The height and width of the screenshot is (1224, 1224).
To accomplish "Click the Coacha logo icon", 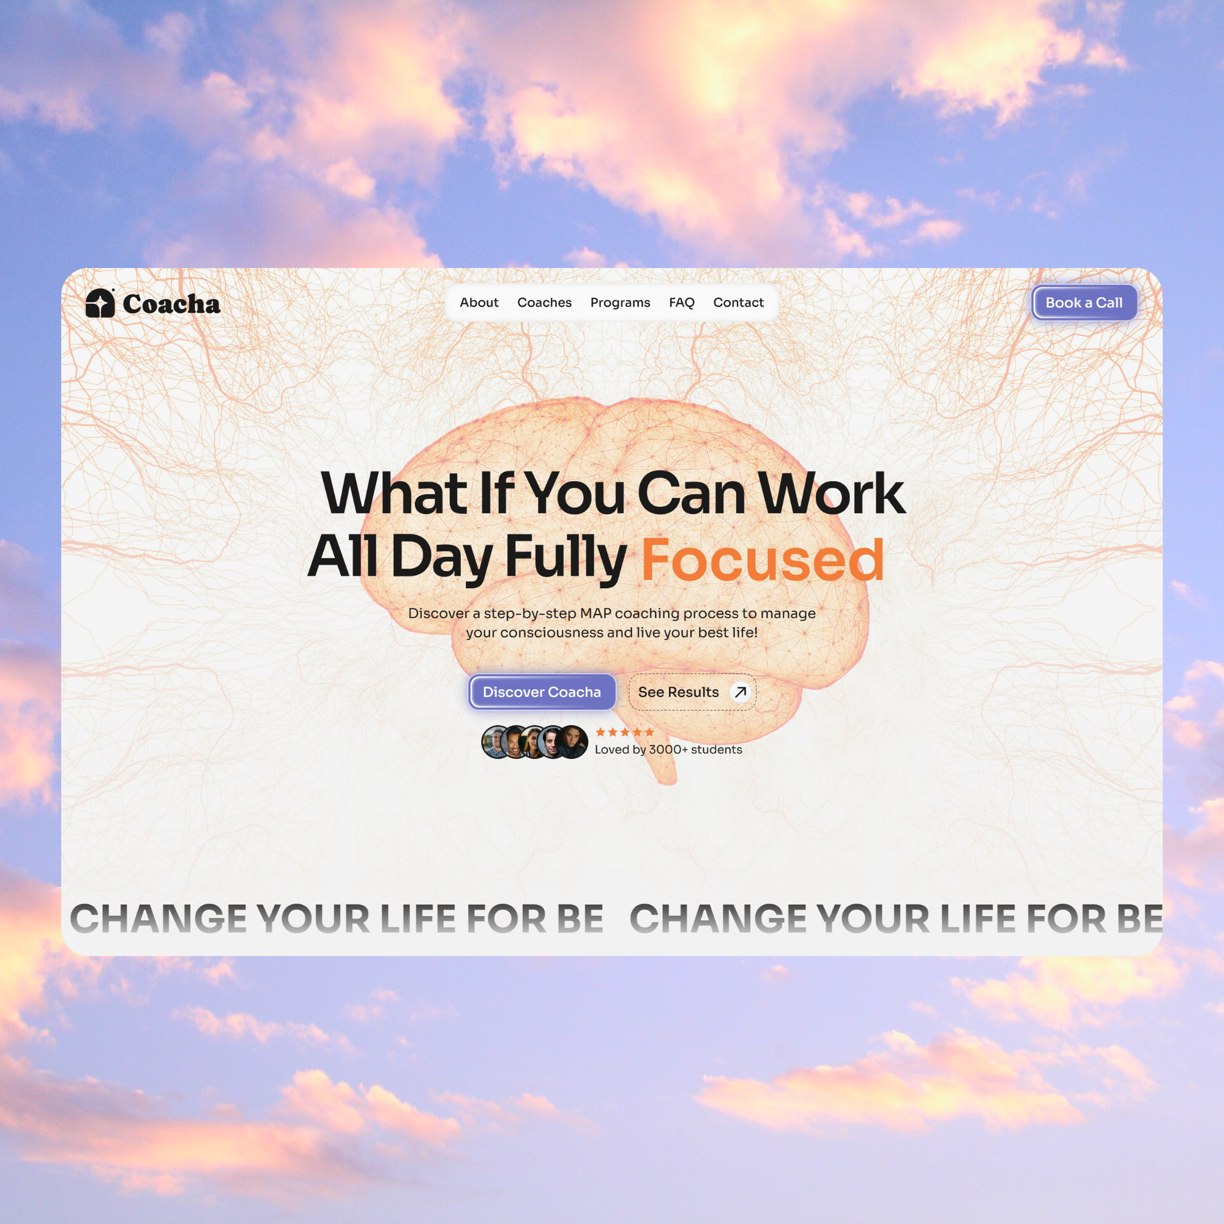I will (x=100, y=303).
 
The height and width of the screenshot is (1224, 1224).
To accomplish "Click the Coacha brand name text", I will (x=171, y=304).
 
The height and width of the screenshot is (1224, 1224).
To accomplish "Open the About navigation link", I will (x=479, y=303).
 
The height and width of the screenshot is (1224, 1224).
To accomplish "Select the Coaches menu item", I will (x=544, y=303).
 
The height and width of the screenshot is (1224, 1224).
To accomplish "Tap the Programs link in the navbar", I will (x=620, y=303).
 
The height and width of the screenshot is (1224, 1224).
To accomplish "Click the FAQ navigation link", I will (x=682, y=303).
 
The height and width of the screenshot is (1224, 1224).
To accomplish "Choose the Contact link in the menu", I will (x=738, y=303).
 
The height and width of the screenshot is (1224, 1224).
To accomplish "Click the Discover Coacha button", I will (x=542, y=692).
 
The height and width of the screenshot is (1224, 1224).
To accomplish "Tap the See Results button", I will (x=679, y=692).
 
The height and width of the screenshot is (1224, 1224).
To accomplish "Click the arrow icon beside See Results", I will (x=740, y=692).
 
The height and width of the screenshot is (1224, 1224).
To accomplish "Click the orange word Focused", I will (x=762, y=560).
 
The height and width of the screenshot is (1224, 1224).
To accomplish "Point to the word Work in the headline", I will (x=832, y=493).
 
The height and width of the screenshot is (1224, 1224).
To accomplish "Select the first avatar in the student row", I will (x=496, y=742).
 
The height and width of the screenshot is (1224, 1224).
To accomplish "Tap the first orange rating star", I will (x=600, y=732).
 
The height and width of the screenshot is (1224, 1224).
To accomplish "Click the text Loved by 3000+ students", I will (x=668, y=750).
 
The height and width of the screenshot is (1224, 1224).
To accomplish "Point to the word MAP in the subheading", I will (x=595, y=613).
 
